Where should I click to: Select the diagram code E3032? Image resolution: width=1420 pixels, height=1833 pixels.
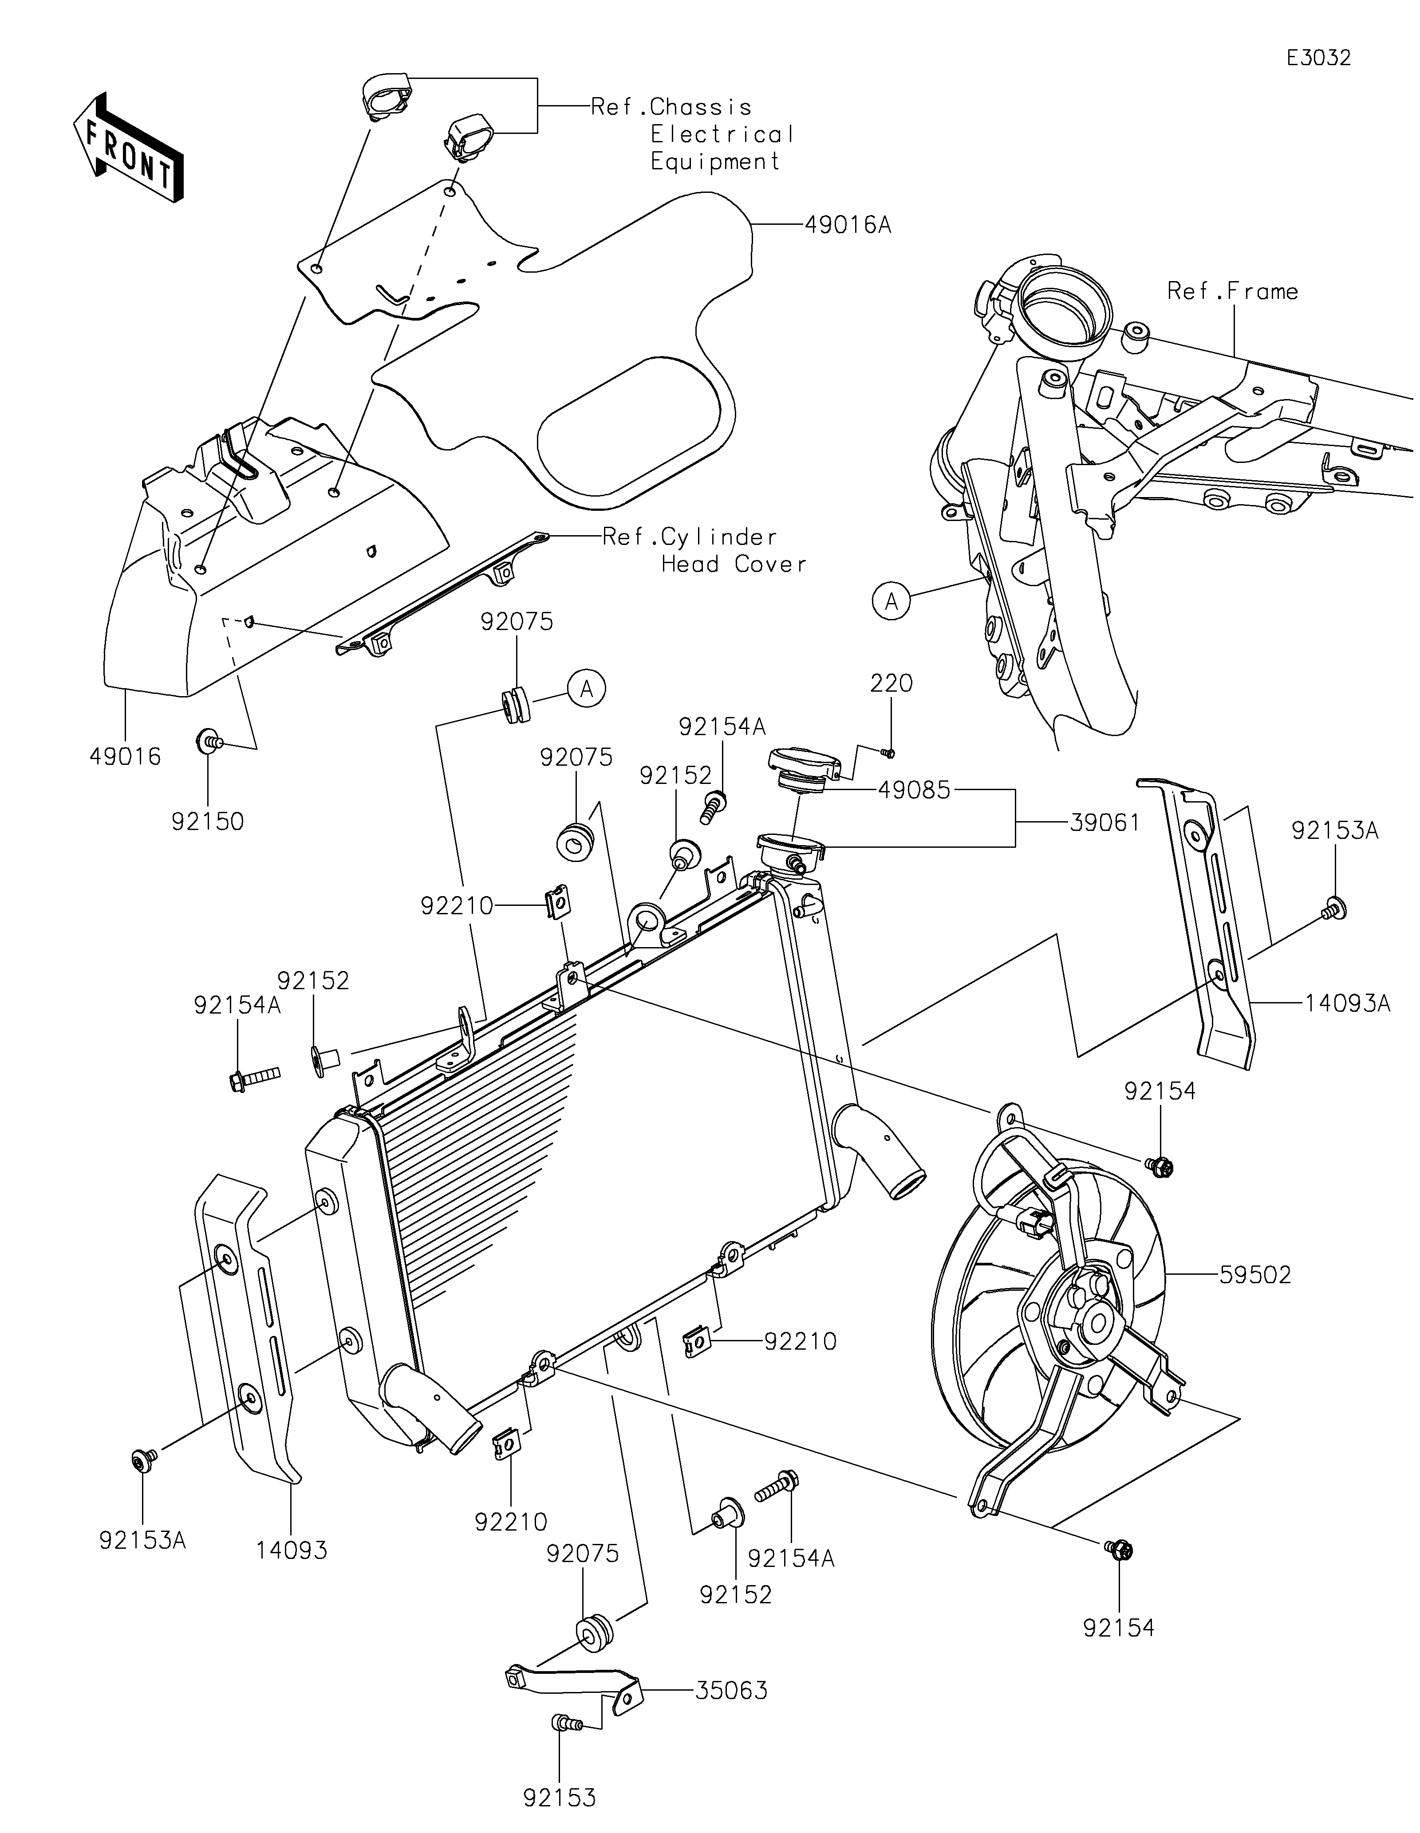[x=1319, y=58]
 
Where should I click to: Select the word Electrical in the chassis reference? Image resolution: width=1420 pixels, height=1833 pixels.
[x=722, y=134]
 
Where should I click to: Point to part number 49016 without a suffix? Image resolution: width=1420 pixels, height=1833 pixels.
[x=125, y=756]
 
